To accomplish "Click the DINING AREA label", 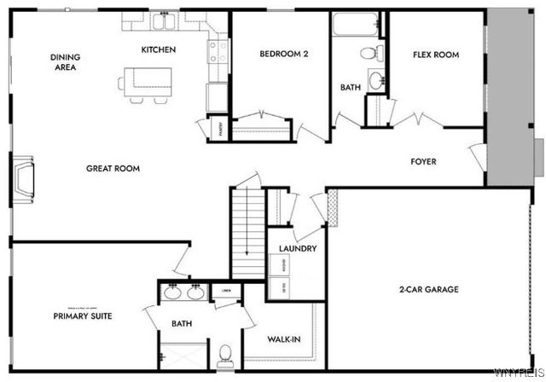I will tap(66, 61).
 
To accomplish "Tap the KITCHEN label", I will tap(159, 49).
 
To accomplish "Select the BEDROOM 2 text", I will tap(283, 55).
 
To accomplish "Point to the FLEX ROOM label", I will tap(436, 55).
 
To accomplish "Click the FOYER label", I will tap(424, 160).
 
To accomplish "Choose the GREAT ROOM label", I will tap(113, 168).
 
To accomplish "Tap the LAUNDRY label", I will tap(299, 249).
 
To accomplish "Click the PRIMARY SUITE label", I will tap(83, 315).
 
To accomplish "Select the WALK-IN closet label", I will tap(283, 339).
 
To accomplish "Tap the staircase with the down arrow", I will tap(248, 230).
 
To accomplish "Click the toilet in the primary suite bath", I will tap(225, 353).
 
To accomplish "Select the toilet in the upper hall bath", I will tap(369, 53).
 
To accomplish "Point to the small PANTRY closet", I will tap(203, 128).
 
